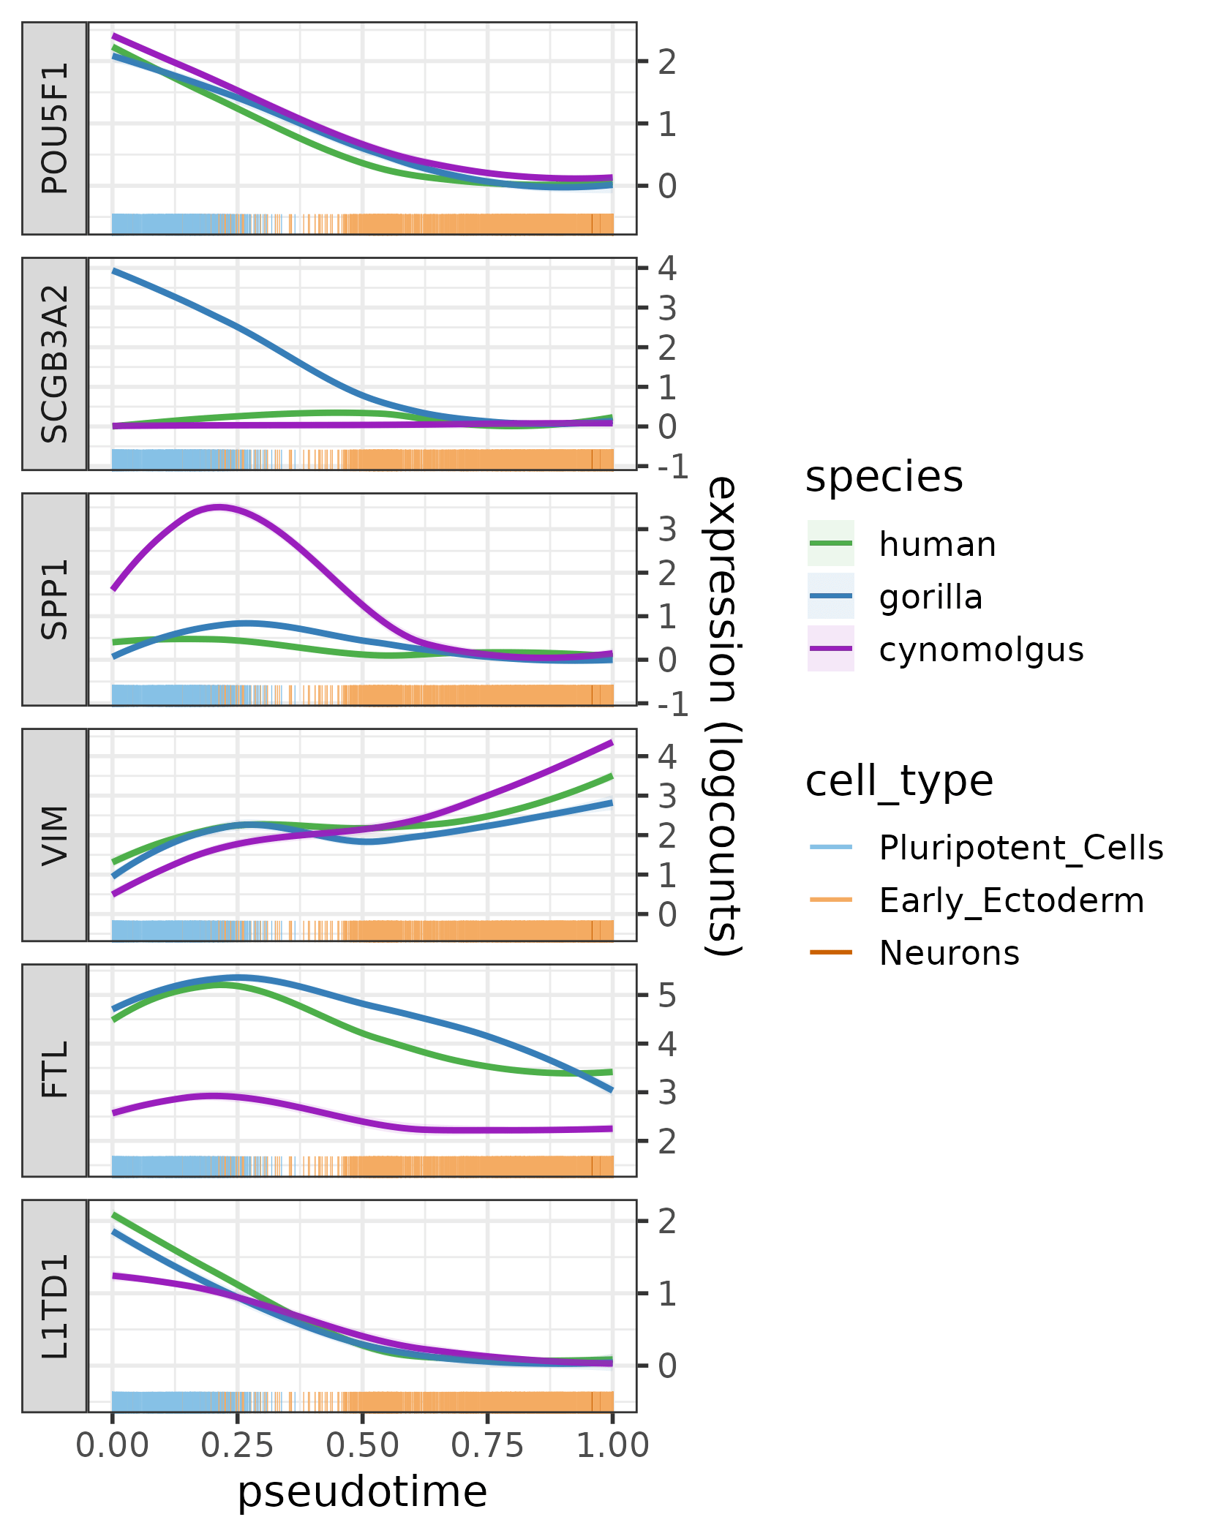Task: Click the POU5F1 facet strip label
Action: tap(55, 128)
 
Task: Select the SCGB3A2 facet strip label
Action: tap(55, 364)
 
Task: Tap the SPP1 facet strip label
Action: tap(55, 599)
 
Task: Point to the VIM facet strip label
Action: tap(55, 835)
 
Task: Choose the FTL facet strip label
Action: tap(55, 1070)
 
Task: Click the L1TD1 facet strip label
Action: tap(55, 1306)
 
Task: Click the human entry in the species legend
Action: tap(936, 544)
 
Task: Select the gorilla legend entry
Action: tap(930, 597)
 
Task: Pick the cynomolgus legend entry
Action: tap(980, 650)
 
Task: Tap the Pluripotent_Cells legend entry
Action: tap(1020, 848)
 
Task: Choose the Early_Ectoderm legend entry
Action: tap(1011, 900)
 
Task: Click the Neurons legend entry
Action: tap(949, 953)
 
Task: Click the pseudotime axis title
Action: tap(362, 1492)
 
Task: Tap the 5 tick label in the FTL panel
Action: tap(666, 995)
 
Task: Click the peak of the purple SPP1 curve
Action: tap(218, 506)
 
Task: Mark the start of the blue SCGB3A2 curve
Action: tap(113, 271)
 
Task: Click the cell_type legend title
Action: tap(899, 780)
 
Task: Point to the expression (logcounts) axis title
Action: tap(723, 715)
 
